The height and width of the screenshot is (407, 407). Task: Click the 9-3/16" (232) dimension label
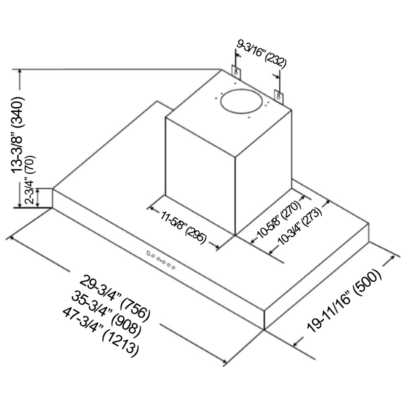click(x=261, y=55)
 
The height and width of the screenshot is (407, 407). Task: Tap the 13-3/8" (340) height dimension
click(x=18, y=135)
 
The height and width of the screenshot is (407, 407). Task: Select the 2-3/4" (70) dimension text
click(x=29, y=179)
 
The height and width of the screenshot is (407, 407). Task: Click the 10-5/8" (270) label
click(x=279, y=220)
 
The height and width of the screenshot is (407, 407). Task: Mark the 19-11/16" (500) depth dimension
click(x=344, y=301)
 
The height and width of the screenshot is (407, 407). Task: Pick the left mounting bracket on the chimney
click(x=236, y=72)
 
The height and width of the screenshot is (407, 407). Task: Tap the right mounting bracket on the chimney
click(x=279, y=96)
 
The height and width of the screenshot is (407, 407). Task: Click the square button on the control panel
click(x=148, y=253)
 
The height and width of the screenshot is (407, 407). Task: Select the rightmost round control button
click(x=173, y=267)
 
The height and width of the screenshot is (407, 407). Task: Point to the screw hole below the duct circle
click(x=249, y=117)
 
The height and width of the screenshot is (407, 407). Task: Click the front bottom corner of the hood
click(x=264, y=330)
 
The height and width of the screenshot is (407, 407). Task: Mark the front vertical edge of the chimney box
click(x=235, y=196)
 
